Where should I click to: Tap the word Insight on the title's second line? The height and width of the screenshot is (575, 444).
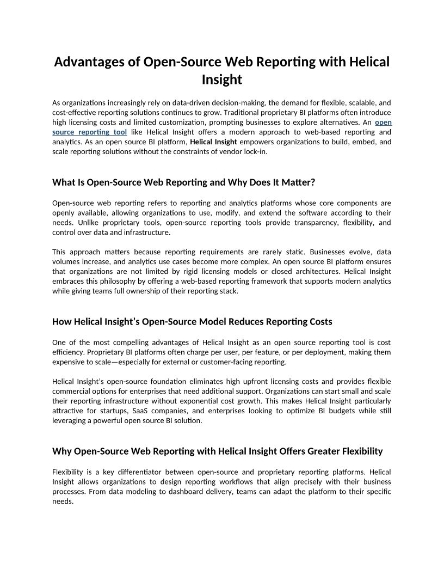pos(221,80)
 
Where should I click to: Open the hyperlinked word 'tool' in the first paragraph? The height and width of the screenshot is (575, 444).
pos(119,132)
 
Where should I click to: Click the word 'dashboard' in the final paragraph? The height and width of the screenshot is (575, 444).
pos(235,491)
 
